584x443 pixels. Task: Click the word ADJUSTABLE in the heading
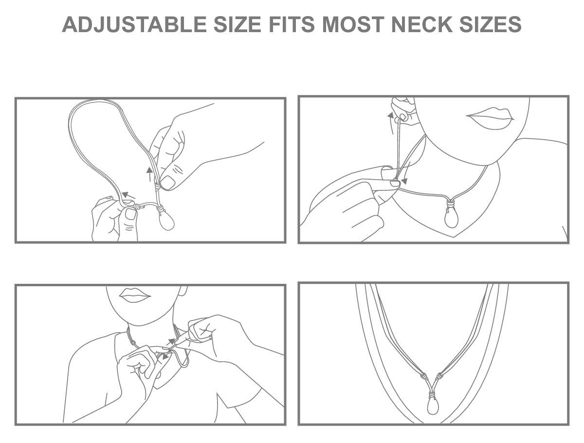(134, 24)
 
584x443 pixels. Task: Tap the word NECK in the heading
(422, 24)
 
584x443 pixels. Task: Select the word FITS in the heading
(292, 24)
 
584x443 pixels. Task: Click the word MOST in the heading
(353, 24)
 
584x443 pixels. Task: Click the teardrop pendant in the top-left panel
(166, 221)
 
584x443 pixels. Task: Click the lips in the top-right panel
(490, 118)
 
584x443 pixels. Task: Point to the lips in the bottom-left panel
(135, 295)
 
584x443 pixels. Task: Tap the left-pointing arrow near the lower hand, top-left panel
(129, 195)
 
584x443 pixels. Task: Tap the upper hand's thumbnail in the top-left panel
(167, 182)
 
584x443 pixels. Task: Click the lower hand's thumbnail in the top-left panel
(130, 214)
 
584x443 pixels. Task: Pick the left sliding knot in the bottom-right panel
(423, 376)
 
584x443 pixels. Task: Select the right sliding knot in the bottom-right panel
(439, 376)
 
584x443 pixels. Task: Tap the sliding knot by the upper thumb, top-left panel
(157, 187)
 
